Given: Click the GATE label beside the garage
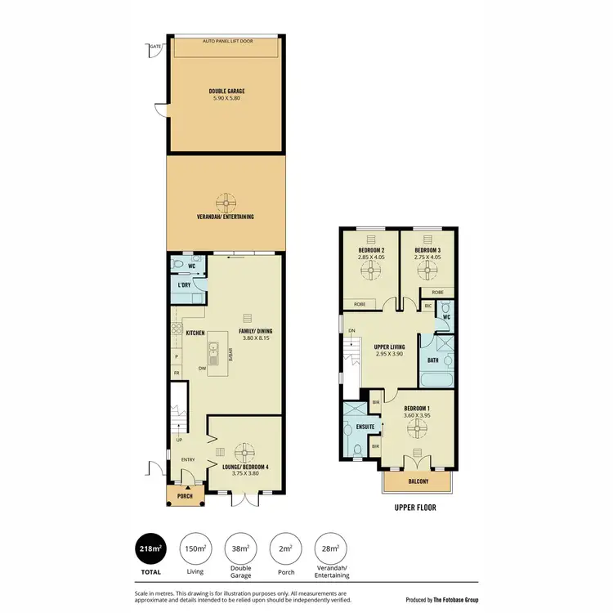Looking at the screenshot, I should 154,47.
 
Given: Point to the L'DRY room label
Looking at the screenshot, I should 185,284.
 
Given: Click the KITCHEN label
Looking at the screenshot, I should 195,333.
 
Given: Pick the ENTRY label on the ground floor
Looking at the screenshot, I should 188,459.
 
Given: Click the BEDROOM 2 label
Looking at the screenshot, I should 371,250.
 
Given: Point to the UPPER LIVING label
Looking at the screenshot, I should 380,347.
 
